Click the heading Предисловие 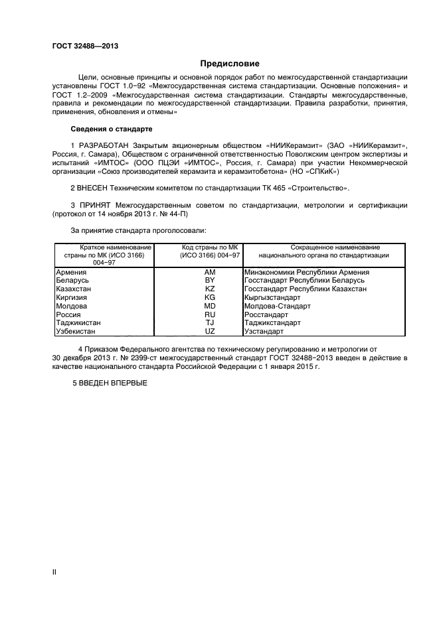[x=230, y=64]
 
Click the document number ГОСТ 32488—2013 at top [x=81, y=46]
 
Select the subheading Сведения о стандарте [x=112, y=128]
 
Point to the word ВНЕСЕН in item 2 [x=96, y=189]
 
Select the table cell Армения [x=70, y=272]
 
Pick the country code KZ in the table [x=210, y=290]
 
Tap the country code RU [x=210, y=315]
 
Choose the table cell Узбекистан [x=76, y=331]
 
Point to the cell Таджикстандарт [x=272, y=323]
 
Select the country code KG [x=210, y=298]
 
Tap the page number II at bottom [x=54, y=571]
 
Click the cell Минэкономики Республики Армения [x=306, y=272]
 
